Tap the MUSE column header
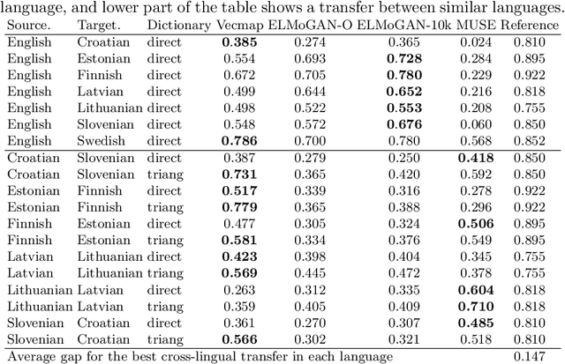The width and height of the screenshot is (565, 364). pyautogui.click(x=474, y=26)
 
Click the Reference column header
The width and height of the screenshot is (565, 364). pyautogui.click(x=529, y=26)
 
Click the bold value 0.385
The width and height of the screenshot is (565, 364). pyautogui.click(x=239, y=41)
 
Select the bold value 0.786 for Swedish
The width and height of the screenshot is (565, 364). pyautogui.click(x=239, y=139)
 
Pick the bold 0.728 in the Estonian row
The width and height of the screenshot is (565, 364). pyautogui.click(x=401, y=58)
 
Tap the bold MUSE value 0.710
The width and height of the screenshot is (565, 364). pyautogui.click(x=475, y=306)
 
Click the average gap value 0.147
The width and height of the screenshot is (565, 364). pyautogui.click(x=529, y=355)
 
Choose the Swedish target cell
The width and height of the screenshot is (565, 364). pyautogui.click(x=102, y=139)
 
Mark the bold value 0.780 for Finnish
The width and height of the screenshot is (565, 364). pyautogui.click(x=401, y=74)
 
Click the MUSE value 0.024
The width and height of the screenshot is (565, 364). pyautogui.click(x=475, y=41)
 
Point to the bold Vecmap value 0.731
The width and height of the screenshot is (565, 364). pyautogui.click(x=239, y=174)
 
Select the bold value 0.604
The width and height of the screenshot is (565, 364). pyautogui.click(x=475, y=289)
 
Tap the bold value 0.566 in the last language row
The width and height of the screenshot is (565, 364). pyautogui.click(x=239, y=338)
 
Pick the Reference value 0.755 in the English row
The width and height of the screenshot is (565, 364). pyautogui.click(x=529, y=107)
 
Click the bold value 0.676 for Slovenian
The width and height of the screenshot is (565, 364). pyautogui.click(x=401, y=123)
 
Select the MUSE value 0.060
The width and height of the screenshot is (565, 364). pyautogui.click(x=475, y=123)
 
